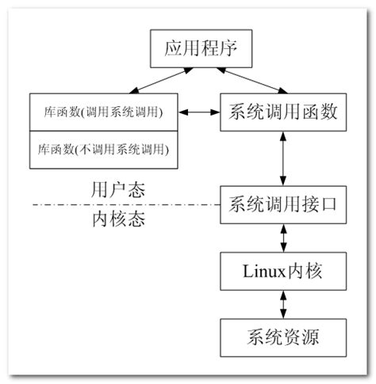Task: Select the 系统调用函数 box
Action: [x=283, y=112]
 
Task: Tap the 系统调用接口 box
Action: [x=283, y=203]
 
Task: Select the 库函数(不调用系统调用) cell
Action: [x=103, y=149]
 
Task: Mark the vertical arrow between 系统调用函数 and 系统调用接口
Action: [x=283, y=158]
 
